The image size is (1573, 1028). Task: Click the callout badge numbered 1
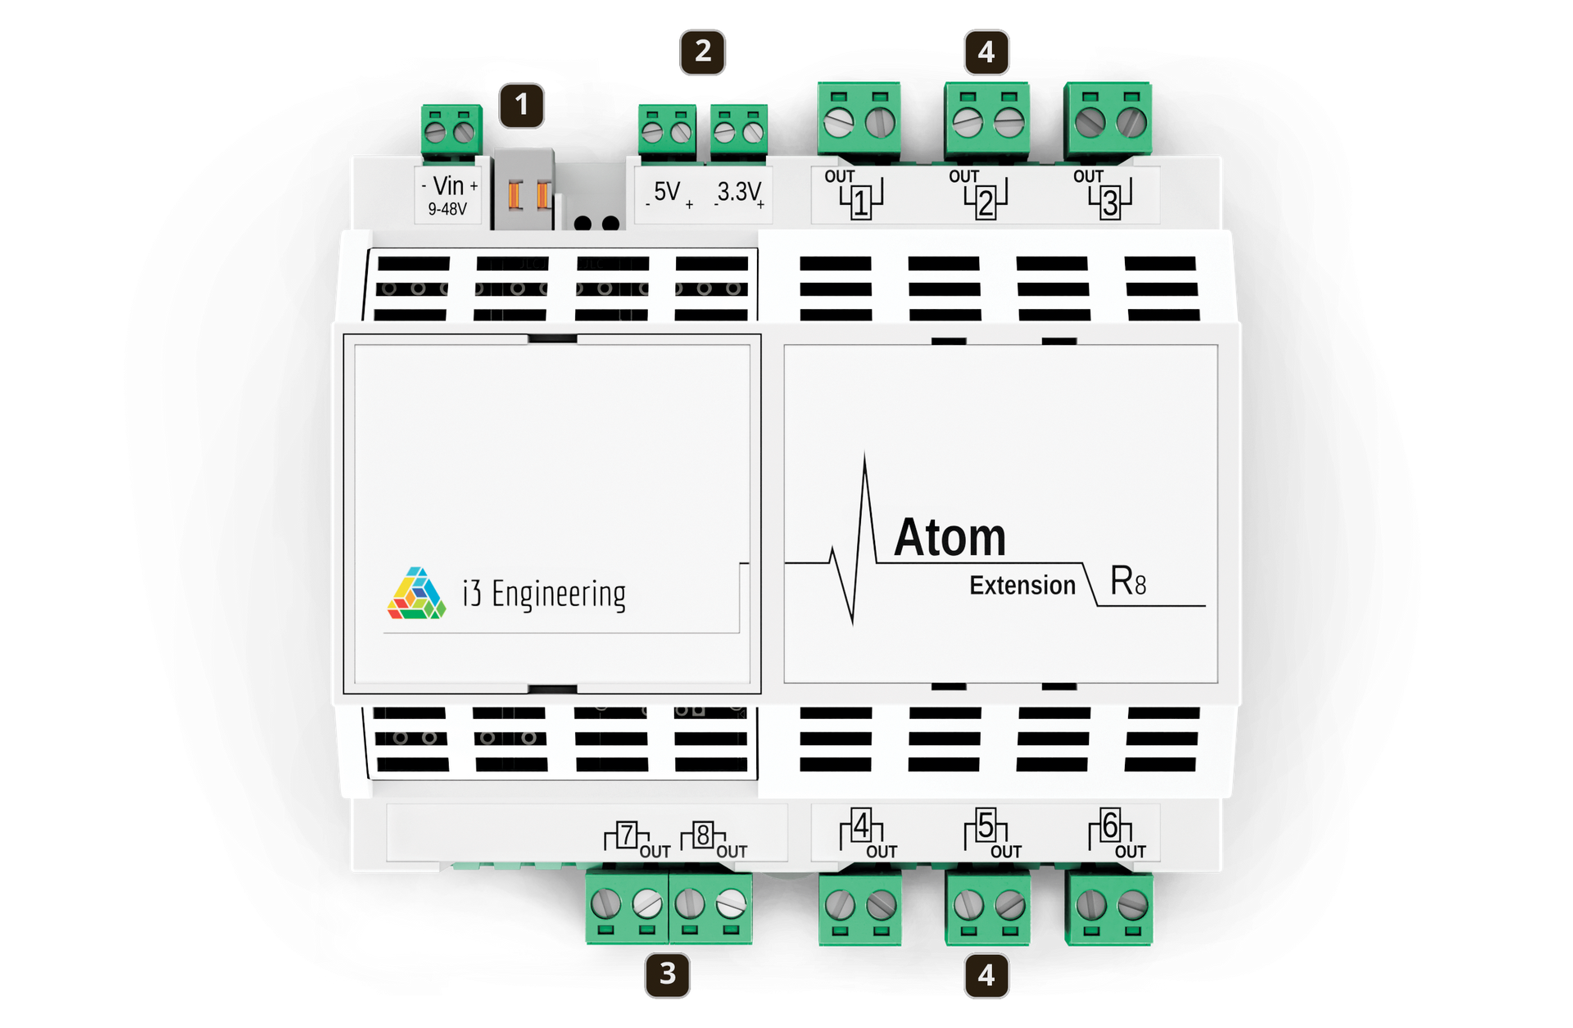tap(522, 105)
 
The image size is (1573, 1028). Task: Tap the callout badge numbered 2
tap(702, 52)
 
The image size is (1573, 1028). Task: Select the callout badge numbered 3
tap(667, 974)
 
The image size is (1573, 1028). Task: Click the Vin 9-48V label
tap(448, 195)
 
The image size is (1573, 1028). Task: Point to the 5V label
tap(668, 193)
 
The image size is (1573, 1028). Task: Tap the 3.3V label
tap(739, 193)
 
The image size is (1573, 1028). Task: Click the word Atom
tap(950, 538)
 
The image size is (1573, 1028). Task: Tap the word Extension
tap(1022, 585)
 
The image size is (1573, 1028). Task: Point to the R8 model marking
tap(1127, 581)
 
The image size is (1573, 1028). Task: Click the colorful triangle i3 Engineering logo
tap(416, 593)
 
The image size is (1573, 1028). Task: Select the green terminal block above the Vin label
tap(449, 130)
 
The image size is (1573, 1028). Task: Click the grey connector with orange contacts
tap(525, 191)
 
